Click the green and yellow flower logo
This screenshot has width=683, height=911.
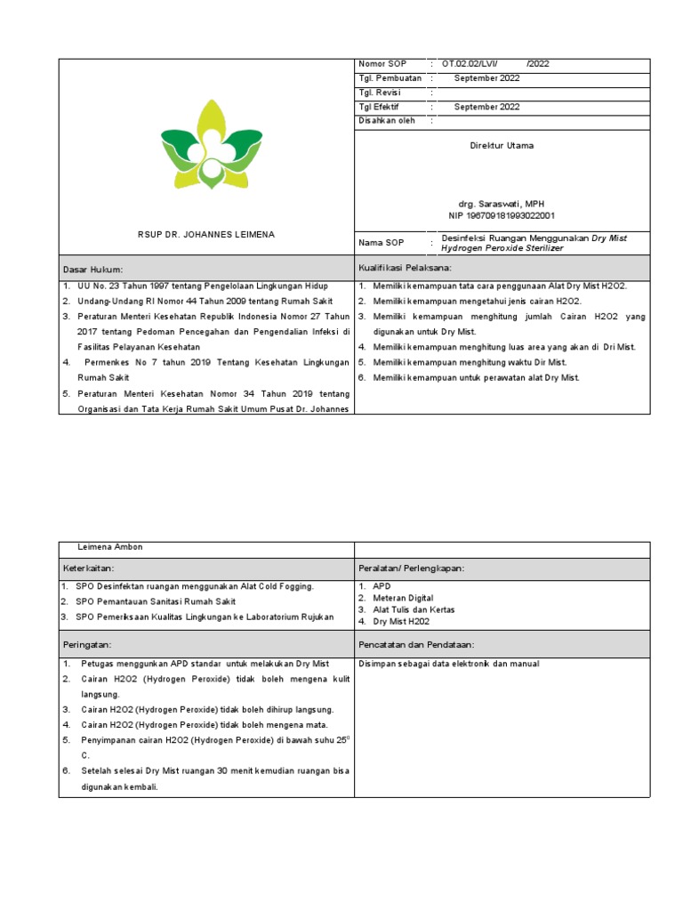tap(212, 144)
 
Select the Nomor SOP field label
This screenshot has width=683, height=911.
tap(382, 64)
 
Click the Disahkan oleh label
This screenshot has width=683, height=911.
tap(387, 121)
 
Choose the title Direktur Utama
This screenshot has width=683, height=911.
tap(502, 145)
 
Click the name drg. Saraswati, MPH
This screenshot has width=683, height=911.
tap(502, 204)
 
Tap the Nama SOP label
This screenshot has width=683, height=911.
tap(382, 243)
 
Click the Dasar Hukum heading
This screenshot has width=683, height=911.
tap(92, 269)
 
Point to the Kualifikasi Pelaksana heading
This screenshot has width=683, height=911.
tap(406, 268)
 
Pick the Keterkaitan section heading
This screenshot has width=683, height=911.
tap(90, 567)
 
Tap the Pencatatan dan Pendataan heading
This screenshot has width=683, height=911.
tap(415, 643)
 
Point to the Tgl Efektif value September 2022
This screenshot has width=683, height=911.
tap(487, 107)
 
